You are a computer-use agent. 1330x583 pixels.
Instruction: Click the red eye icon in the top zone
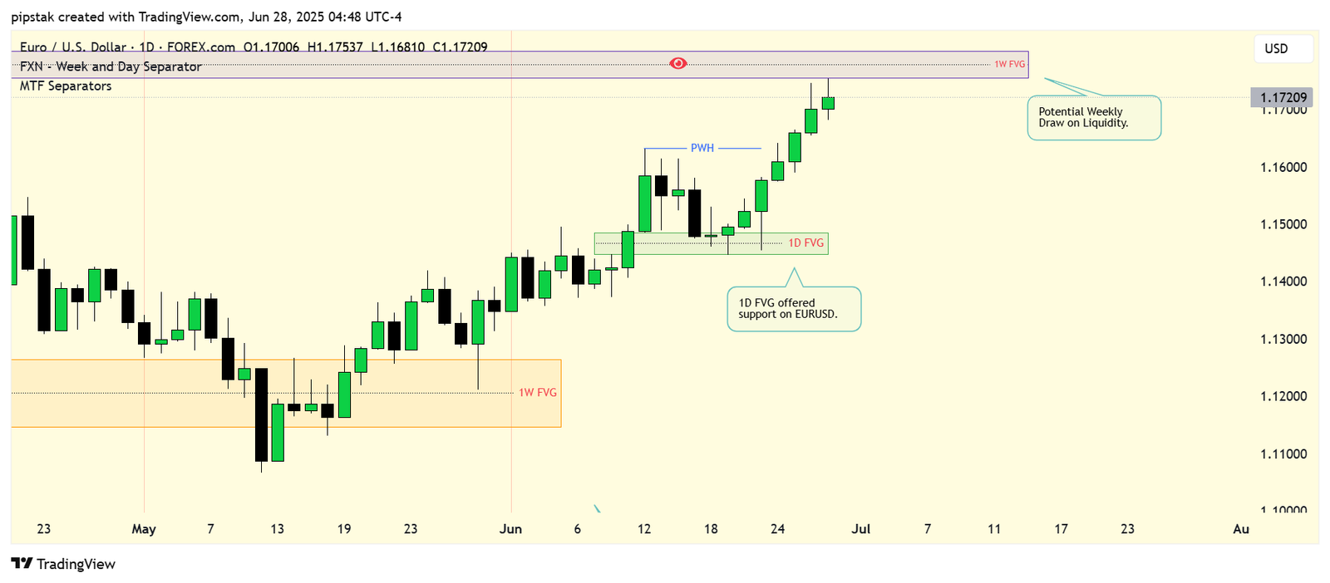[678, 63]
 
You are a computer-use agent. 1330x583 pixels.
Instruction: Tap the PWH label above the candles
[702, 148]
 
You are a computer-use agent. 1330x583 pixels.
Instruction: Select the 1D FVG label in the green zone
[806, 243]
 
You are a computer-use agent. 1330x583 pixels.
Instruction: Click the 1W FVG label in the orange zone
[538, 392]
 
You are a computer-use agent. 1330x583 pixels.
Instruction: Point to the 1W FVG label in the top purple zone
[1010, 64]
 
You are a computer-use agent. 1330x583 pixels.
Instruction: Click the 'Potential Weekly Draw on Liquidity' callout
[1094, 118]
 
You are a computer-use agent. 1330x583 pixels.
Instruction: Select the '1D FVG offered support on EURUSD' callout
[794, 309]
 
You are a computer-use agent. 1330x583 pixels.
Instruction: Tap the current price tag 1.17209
[1283, 97]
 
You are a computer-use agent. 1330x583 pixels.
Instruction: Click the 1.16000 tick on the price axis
[1283, 167]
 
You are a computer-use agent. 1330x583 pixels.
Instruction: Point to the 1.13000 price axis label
[1283, 339]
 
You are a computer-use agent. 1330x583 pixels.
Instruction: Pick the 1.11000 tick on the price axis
[1283, 454]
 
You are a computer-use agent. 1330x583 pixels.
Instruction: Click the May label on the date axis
[144, 529]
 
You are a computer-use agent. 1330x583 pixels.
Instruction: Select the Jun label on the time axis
[510, 529]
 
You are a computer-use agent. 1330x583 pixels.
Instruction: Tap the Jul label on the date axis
[861, 529]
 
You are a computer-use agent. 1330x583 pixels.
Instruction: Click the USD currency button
[1276, 48]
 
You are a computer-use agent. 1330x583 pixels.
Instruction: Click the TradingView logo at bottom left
[63, 564]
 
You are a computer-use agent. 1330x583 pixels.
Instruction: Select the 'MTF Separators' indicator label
[66, 86]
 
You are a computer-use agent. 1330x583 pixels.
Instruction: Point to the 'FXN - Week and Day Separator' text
[111, 66]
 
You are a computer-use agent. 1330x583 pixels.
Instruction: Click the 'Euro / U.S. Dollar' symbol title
[73, 47]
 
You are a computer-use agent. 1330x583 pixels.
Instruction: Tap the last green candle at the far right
[828, 103]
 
